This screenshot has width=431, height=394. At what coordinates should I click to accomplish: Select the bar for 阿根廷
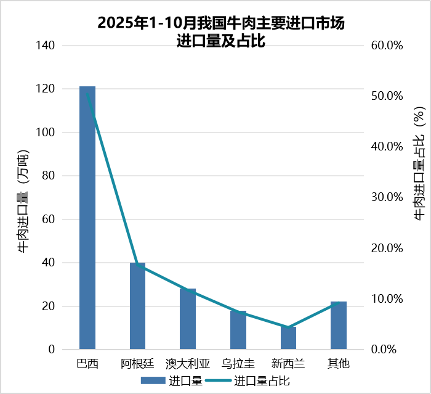(137, 306)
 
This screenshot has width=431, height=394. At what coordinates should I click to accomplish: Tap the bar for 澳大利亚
(188, 319)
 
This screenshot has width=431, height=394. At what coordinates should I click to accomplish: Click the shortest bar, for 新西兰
(288, 338)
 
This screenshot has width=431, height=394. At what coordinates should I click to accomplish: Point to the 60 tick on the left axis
(49, 220)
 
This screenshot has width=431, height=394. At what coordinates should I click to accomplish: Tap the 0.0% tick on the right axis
(389, 350)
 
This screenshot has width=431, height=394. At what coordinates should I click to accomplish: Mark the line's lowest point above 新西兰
(288, 327)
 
